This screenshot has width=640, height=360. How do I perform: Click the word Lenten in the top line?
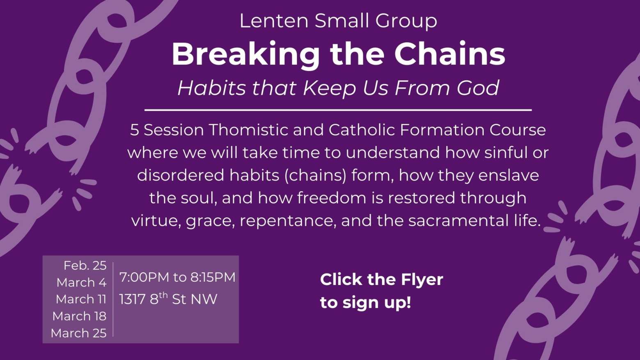click(274, 21)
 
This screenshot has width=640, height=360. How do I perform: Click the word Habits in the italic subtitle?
click(211, 87)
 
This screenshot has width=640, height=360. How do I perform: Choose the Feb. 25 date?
click(85, 266)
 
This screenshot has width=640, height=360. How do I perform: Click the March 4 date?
click(81, 283)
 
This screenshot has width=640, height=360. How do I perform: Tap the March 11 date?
click(81, 299)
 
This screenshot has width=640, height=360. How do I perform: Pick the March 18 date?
click(80, 316)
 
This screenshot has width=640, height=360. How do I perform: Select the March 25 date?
click(79, 333)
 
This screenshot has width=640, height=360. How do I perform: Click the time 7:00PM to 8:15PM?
click(177, 277)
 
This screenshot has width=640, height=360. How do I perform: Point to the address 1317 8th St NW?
click(168, 299)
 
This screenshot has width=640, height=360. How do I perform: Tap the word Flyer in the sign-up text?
click(422, 280)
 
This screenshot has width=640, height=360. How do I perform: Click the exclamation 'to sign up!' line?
click(366, 303)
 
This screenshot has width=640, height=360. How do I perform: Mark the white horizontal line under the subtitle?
click(338, 110)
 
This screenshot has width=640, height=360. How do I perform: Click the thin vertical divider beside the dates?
click(113, 299)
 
